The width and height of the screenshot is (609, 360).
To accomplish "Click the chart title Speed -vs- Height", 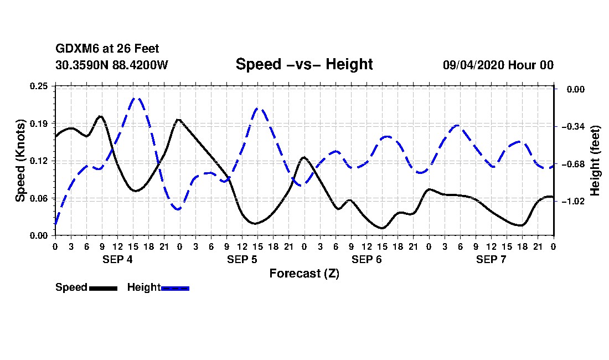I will click(x=304, y=64).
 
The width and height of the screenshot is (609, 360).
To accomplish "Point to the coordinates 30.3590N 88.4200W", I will click(x=111, y=65).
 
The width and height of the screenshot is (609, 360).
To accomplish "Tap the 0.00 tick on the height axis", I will click(x=574, y=89).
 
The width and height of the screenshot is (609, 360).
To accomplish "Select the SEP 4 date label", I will click(x=117, y=259).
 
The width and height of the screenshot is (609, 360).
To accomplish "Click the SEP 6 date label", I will click(x=367, y=259).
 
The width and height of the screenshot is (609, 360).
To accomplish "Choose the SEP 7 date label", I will click(x=491, y=259).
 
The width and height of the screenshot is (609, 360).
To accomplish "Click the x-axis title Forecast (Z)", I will click(x=304, y=274).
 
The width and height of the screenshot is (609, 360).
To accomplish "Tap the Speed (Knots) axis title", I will click(x=20, y=160).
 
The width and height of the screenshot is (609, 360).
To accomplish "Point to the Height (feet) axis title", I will click(x=595, y=160).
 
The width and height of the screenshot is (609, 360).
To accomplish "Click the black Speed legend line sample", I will click(x=103, y=288).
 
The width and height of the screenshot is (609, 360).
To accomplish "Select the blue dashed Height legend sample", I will click(x=176, y=288).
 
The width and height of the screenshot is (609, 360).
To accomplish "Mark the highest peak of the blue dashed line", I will click(x=137, y=98).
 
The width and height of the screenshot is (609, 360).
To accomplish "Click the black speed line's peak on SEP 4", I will click(x=100, y=116).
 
